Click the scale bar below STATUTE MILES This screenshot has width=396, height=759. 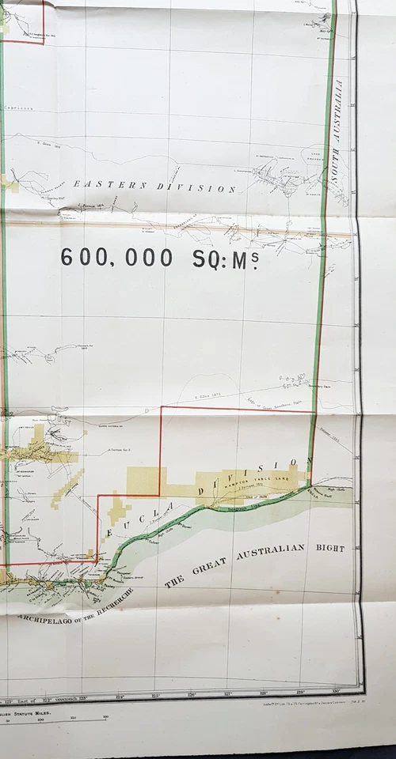pyautogui.click(x=55, y=718)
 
